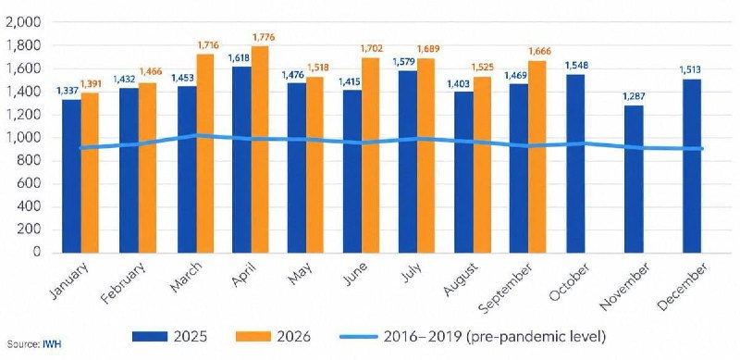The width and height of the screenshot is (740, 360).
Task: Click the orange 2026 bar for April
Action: click(260, 149)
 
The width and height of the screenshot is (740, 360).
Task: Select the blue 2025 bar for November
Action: click(634, 179)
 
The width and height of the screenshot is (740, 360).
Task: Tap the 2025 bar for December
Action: click(691, 166)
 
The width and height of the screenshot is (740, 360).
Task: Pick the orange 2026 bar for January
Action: click(90, 172)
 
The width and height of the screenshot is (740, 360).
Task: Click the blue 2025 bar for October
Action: click(575, 164)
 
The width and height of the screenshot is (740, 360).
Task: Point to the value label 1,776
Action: click(264, 37)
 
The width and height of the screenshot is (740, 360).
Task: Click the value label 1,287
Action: click(634, 96)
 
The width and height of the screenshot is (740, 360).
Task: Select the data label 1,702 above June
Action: click(372, 49)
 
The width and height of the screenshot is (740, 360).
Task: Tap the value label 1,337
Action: click(67, 91)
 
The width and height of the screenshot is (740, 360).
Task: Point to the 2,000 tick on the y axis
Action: click(24, 22)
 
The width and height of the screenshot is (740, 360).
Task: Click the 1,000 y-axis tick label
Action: click(24, 138)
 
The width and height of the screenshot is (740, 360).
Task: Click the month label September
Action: click(506, 288)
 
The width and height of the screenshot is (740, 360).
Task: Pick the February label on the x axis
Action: click(124, 282)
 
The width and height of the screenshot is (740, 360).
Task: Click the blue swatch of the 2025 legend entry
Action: click(150, 337)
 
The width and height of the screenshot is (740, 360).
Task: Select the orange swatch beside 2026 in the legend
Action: click(253, 337)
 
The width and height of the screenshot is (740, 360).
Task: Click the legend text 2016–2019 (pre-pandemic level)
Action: click(494, 337)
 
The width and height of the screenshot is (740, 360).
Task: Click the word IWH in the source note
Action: click(54, 344)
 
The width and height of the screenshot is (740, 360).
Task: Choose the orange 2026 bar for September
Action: click(537, 156)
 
